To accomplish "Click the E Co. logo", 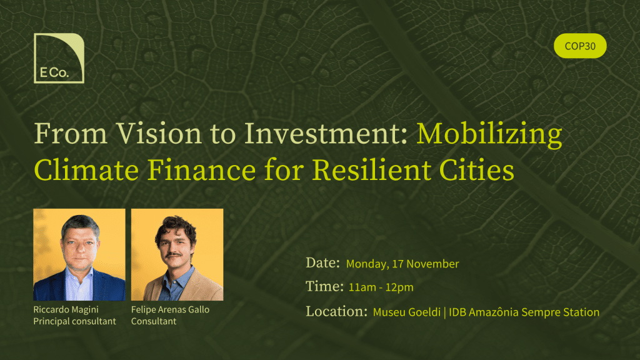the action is point(59,58).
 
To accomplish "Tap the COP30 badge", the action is point(580,46).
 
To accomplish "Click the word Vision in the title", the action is point(159,134).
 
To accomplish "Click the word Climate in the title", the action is point(86,170).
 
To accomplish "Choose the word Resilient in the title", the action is point(371,170).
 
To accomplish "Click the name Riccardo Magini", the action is point(66,310).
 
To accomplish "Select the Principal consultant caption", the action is point(75,322).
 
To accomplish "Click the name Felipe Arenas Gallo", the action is point(170,310).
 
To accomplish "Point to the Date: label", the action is point(323,263).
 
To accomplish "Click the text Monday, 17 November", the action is point(402,264).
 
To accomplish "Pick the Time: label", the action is point(324,286).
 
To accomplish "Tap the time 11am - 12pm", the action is point(381,287).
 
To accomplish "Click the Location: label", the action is point(337,311).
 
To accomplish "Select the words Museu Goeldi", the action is point(406,312).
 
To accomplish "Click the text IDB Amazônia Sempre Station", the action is point(524,312).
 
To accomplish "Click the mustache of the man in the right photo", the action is point(174,256).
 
